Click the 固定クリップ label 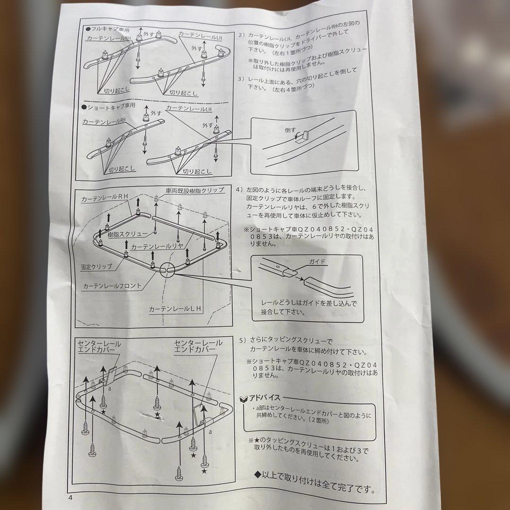[x=97, y=266]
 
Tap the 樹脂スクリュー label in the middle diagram [x=125, y=234]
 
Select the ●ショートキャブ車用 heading [x=109, y=107]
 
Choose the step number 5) [x=243, y=340]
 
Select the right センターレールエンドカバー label [x=195, y=345]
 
